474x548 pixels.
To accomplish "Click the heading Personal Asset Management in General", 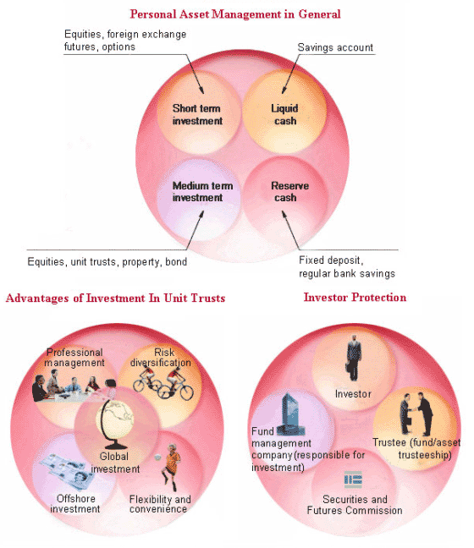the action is click(x=235, y=14).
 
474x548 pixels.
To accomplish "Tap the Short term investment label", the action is click(x=197, y=114).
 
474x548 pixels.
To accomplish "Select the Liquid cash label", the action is click(x=284, y=114).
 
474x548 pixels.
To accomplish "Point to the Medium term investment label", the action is click(x=202, y=191).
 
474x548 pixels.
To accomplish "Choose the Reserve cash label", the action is click(x=289, y=191).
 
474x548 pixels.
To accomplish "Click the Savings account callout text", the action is click(x=335, y=47).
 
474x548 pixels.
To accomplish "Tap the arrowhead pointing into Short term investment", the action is click(x=201, y=90).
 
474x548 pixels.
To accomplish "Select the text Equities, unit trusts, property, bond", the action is click(x=107, y=262).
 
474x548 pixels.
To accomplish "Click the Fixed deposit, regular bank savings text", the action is click(x=347, y=266).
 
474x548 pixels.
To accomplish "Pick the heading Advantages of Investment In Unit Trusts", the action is click(x=115, y=299).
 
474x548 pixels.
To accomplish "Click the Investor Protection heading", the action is click(x=355, y=298).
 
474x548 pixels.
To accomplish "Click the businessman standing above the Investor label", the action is click(x=354, y=358).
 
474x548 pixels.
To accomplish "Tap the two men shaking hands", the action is click(x=416, y=414).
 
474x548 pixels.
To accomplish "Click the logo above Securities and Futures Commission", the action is click(x=353, y=479).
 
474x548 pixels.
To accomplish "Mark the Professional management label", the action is click(x=74, y=357).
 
